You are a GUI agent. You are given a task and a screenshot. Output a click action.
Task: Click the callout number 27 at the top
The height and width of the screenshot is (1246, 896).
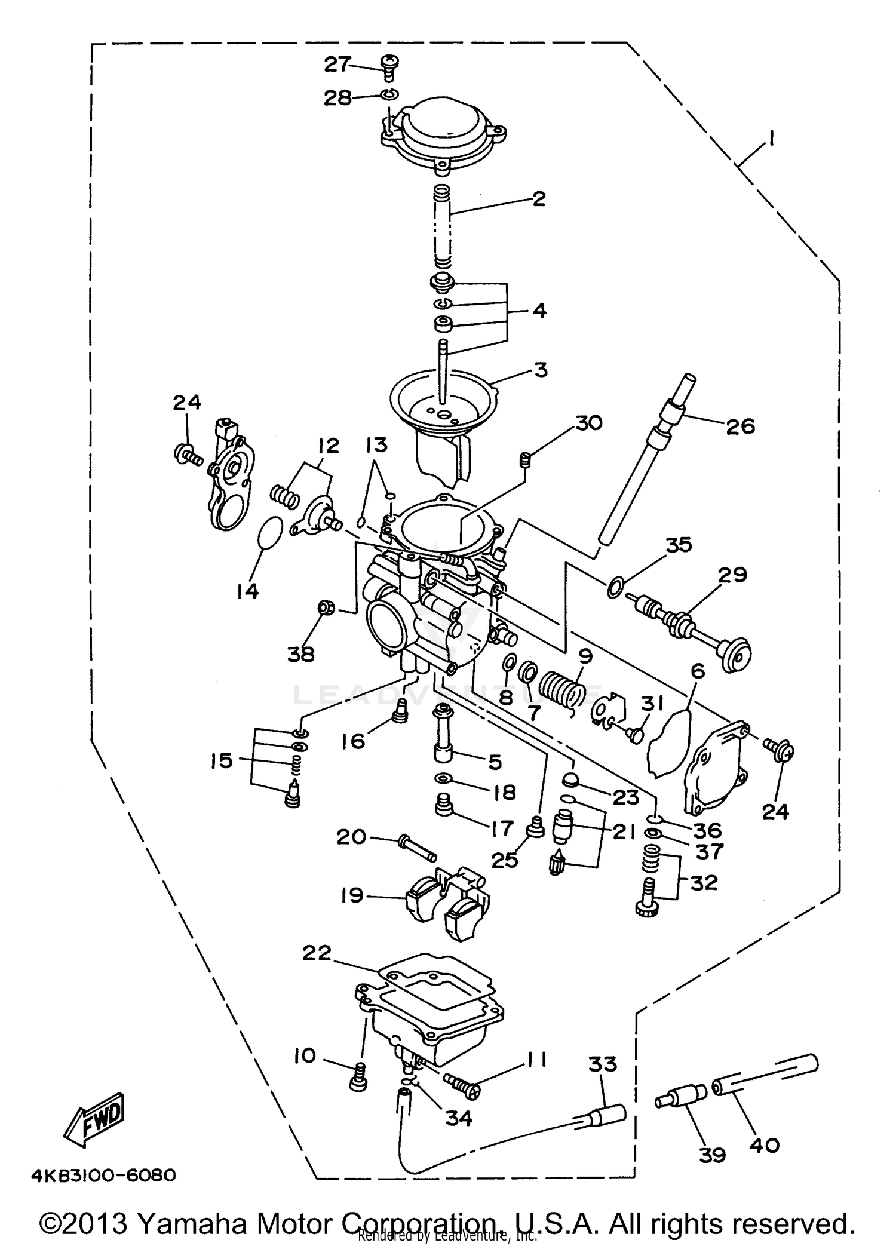click(x=337, y=64)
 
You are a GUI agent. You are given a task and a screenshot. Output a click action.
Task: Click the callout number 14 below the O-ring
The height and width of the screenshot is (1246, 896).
click(x=247, y=591)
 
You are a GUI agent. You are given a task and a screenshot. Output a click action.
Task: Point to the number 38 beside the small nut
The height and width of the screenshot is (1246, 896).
click(x=300, y=655)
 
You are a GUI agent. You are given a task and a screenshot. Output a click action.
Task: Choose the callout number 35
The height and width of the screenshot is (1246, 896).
click(x=678, y=545)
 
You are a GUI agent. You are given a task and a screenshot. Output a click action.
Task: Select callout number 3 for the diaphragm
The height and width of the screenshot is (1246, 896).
click(x=540, y=370)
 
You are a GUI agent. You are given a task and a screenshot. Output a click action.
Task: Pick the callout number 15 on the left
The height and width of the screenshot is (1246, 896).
click(x=221, y=761)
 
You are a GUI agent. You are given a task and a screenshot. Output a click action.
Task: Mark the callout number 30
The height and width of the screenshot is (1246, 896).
click(x=588, y=423)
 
